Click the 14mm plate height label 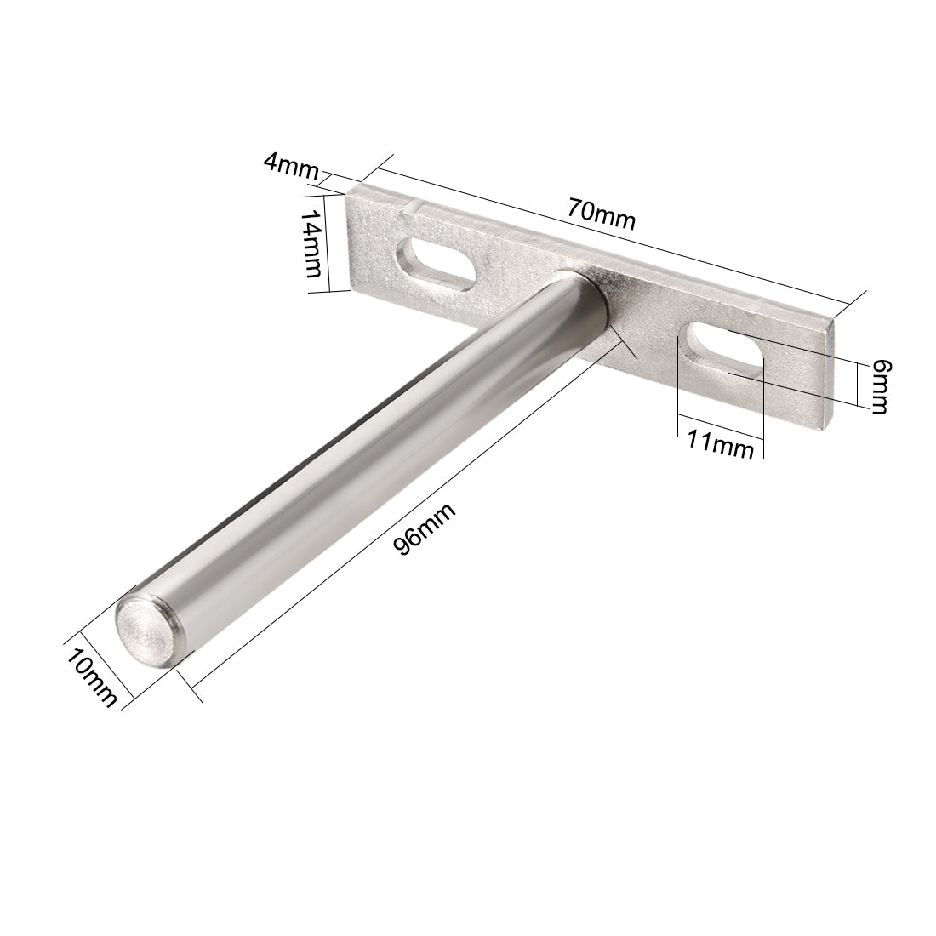[x=312, y=244]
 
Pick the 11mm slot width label [x=720, y=446]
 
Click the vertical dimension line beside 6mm [x=856, y=381]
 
